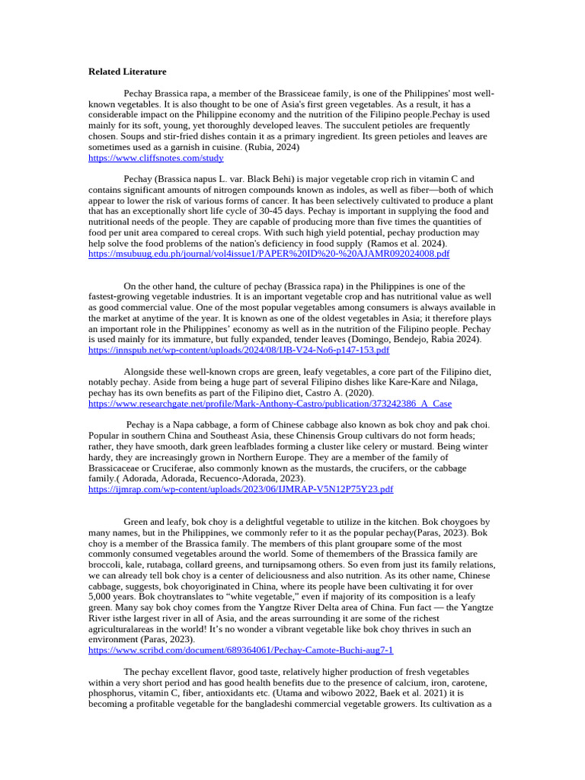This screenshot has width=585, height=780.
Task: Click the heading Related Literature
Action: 127,72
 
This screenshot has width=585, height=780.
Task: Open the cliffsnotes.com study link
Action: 156,158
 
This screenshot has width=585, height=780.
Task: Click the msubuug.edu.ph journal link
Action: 269,254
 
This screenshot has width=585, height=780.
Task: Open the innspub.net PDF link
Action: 238,350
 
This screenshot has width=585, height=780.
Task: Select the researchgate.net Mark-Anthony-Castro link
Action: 270,403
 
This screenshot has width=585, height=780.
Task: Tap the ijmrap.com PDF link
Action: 241,489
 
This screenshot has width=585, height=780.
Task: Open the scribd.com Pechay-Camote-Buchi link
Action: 241,651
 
